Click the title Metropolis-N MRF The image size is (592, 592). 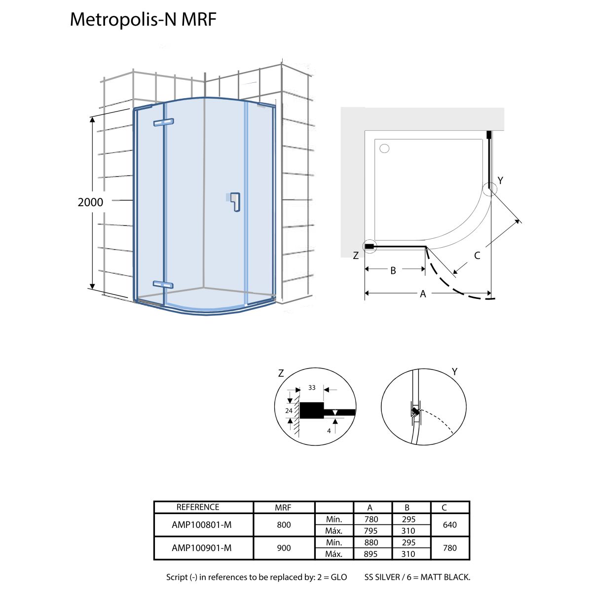click(x=143, y=19)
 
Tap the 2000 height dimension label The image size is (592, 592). click(x=90, y=202)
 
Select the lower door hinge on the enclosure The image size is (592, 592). click(x=163, y=284)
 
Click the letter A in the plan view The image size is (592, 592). click(x=423, y=294)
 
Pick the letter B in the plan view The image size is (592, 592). click(x=393, y=270)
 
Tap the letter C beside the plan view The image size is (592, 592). click(x=477, y=256)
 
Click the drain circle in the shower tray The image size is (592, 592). click(x=385, y=148)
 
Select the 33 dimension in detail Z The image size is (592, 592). click(x=312, y=388)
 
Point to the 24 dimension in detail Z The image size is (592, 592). click(x=289, y=410)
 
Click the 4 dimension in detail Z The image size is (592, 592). click(x=329, y=431)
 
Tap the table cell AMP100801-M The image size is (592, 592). click(x=201, y=525)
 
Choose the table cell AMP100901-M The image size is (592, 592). click(x=201, y=548)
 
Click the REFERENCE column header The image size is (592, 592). click(x=198, y=507)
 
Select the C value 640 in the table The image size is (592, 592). click(x=450, y=525)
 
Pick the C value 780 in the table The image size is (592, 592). click(x=450, y=548)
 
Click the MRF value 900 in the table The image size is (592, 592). click(x=284, y=548)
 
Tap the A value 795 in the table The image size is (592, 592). click(x=370, y=531)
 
